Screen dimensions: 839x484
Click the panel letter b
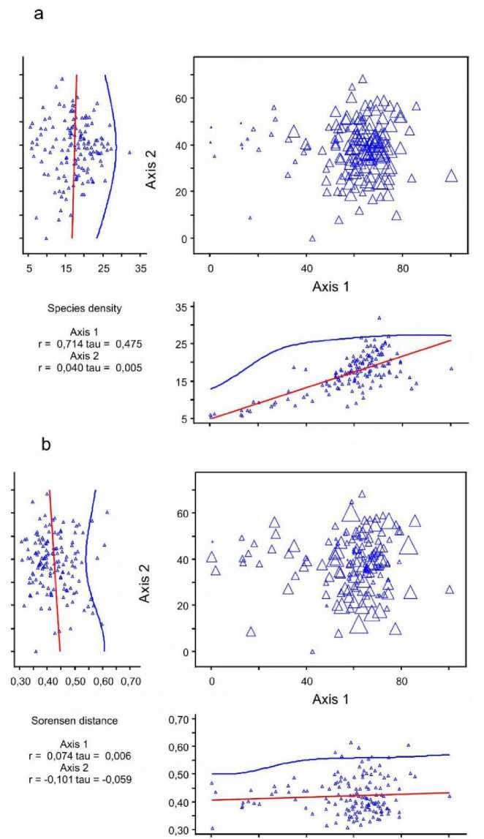click(x=47, y=445)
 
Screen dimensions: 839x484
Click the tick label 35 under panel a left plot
click(x=140, y=267)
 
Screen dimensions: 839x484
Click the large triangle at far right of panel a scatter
click(x=451, y=176)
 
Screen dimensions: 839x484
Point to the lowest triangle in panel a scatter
click(x=312, y=238)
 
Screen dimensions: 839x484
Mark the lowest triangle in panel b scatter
click(x=313, y=652)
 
